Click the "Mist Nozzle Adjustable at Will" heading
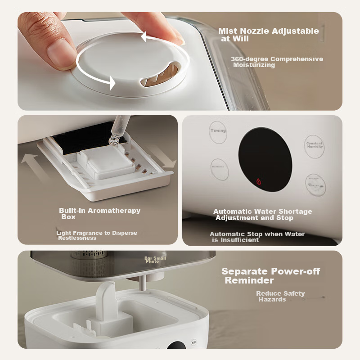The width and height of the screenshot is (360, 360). click(268, 35)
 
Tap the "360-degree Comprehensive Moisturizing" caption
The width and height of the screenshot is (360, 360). click(276, 62)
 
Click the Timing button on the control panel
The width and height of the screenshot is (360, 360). click(219, 132)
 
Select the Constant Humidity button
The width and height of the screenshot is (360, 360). click(315, 146)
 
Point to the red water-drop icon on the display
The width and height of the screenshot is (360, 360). click(259, 181)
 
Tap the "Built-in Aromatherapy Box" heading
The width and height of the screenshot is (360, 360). click(99, 213)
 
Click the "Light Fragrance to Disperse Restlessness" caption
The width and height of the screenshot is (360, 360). click(96, 235)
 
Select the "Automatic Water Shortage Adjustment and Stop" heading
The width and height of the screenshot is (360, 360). click(262, 215)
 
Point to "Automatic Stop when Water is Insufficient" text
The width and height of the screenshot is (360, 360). click(257, 237)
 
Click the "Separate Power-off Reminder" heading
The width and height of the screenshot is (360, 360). click(270, 276)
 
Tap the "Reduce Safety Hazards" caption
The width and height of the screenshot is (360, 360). click(280, 296)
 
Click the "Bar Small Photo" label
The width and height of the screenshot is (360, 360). click(155, 260)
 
